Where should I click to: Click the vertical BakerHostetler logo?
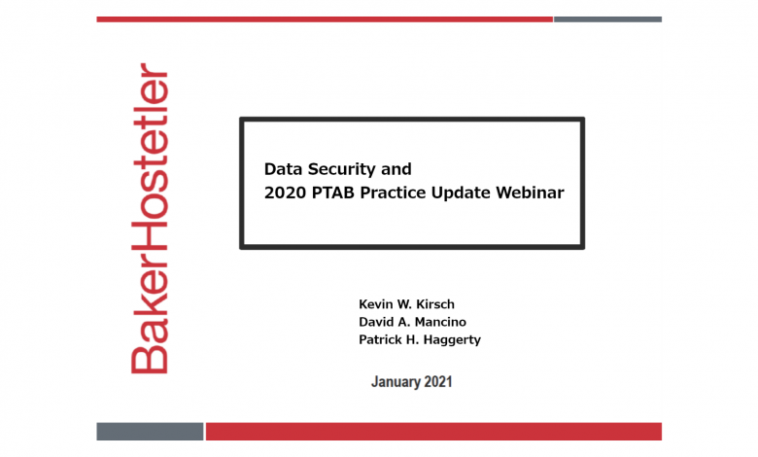[x=150, y=218]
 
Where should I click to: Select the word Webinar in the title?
[x=530, y=193]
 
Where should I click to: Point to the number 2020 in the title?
[x=285, y=193]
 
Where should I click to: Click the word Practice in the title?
[x=393, y=193]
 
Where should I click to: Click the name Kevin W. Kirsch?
[x=406, y=304]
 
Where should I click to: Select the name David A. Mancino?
[x=412, y=322]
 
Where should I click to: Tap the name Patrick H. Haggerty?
[x=420, y=340]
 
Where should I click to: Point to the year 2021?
[x=438, y=381]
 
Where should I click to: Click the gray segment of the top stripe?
[x=607, y=19]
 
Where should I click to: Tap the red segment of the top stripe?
[x=325, y=19]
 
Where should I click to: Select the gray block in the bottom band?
[x=150, y=432]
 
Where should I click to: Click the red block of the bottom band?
[x=433, y=432]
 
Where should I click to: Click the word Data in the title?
[x=284, y=169]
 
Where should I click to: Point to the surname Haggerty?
[x=452, y=340]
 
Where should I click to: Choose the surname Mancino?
[x=441, y=322]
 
